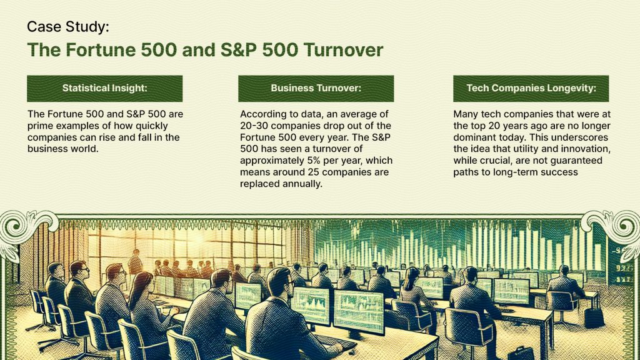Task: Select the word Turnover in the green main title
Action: [x=343, y=50]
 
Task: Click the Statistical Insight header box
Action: [x=104, y=89]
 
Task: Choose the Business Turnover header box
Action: [x=316, y=89]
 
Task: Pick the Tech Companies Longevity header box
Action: [x=531, y=89]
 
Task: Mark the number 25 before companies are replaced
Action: [x=304, y=172]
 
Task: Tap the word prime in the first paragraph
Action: [x=40, y=126]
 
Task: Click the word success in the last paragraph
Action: [x=557, y=172]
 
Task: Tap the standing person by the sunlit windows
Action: [x=134, y=262]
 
